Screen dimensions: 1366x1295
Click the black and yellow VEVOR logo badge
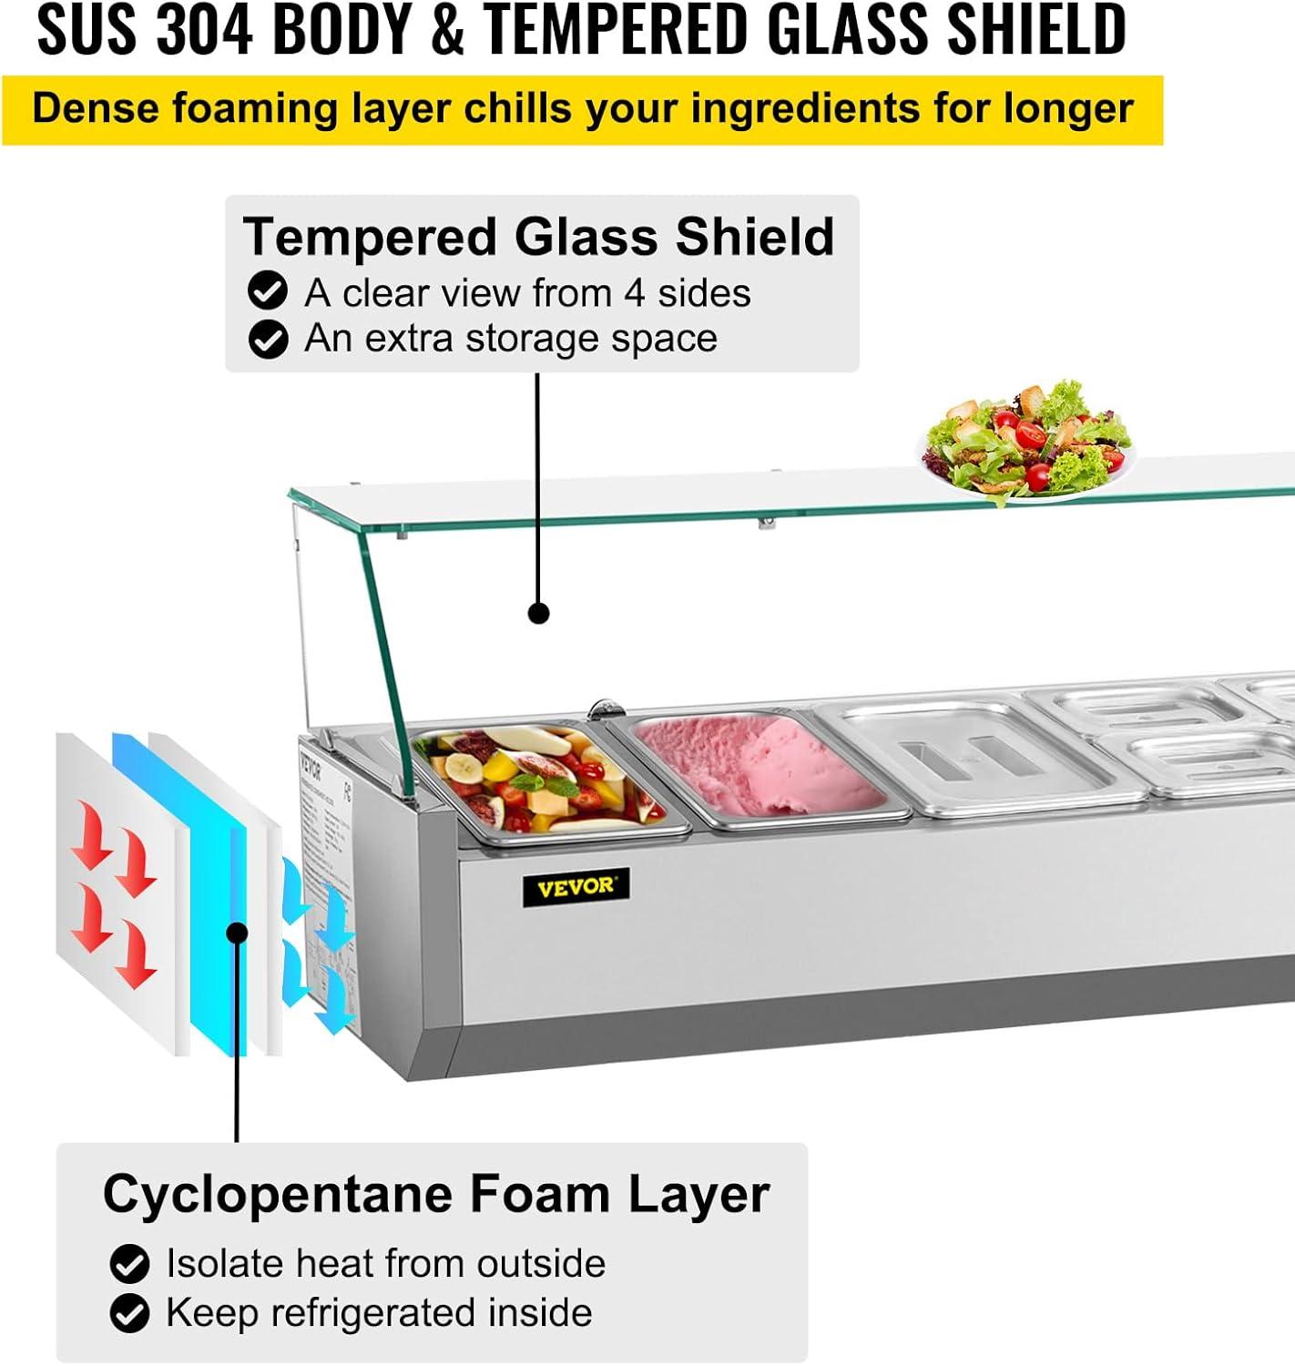pyautogui.click(x=576, y=887)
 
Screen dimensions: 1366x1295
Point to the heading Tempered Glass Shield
pyautogui.click(x=538, y=237)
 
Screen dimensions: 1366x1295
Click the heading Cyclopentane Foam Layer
pyautogui.click(x=435, y=1194)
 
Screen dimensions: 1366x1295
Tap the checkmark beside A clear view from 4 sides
pyautogui.click(x=268, y=292)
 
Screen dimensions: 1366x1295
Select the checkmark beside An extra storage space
pyautogui.click(x=268, y=340)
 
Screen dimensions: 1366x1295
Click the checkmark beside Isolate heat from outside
pyautogui.click(x=129, y=1264)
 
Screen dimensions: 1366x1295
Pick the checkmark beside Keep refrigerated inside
pyautogui.click(x=129, y=1313)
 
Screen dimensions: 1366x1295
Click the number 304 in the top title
pyautogui.click(x=203, y=29)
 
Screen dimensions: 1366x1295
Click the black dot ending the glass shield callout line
pyautogui.click(x=539, y=613)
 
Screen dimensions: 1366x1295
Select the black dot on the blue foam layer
pyautogui.click(x=238, y=933)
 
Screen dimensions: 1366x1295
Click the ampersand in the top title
pyautogui.click(x=447, y=29)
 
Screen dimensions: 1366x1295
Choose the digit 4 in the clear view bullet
pyautogui.click(x=635, y=293)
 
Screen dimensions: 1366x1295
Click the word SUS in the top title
pyautogui.click(x=87, y=29)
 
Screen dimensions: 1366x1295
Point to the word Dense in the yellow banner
pyautogui.click(x=95, y=108)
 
